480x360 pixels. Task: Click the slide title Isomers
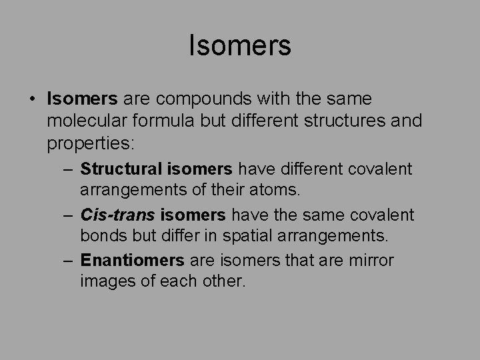pos(240,46)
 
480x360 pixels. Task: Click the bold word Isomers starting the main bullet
pos(83,99)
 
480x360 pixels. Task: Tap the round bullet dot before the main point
pos(33,99)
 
